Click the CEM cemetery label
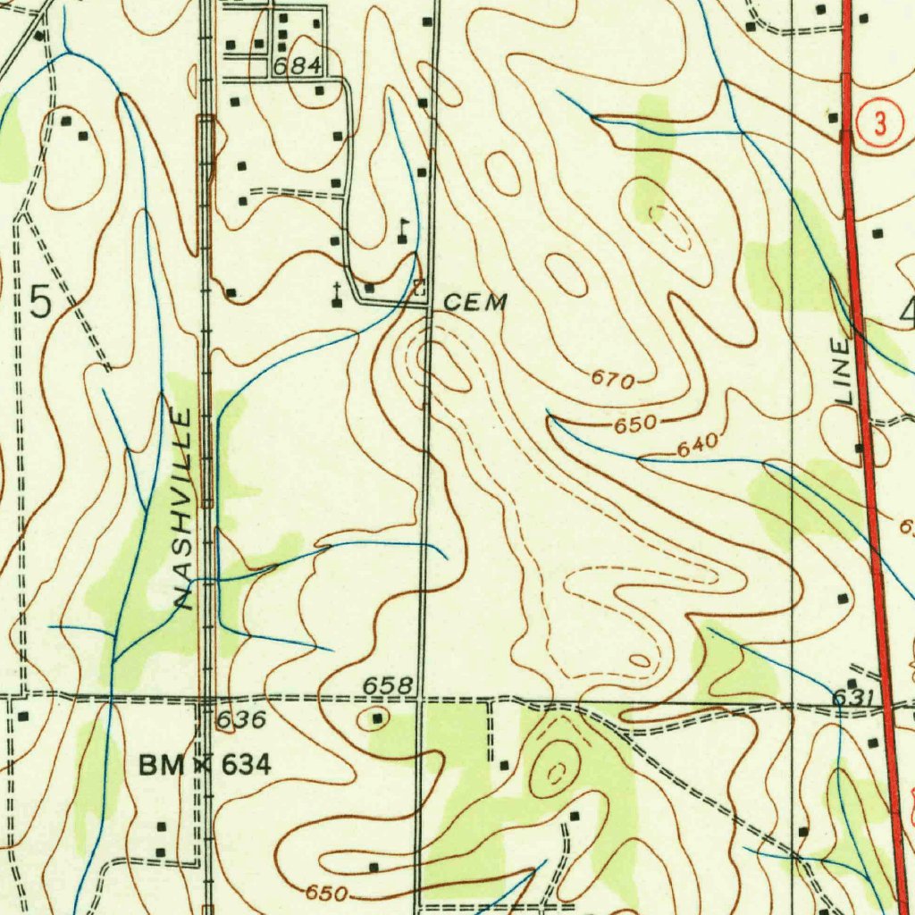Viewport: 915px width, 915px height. coord(475,302)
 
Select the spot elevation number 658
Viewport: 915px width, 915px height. coord(388,685)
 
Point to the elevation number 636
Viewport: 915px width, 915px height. coord(241,719)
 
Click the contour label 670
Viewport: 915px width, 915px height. coord(612,381)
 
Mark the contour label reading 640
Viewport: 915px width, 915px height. coord(698,443)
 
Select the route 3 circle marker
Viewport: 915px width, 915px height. coord(881,125)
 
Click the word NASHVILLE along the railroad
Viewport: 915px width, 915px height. coord(180,508)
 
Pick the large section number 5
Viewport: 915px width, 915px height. coord(41,299)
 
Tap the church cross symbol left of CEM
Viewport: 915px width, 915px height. coord(336,294)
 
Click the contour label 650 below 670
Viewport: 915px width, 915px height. coord(635,424)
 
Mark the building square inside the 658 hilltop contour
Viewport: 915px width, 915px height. coord(378,718)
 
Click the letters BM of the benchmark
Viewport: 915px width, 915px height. coord(161,765)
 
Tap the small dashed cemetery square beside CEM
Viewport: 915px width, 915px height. coord(419,290)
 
